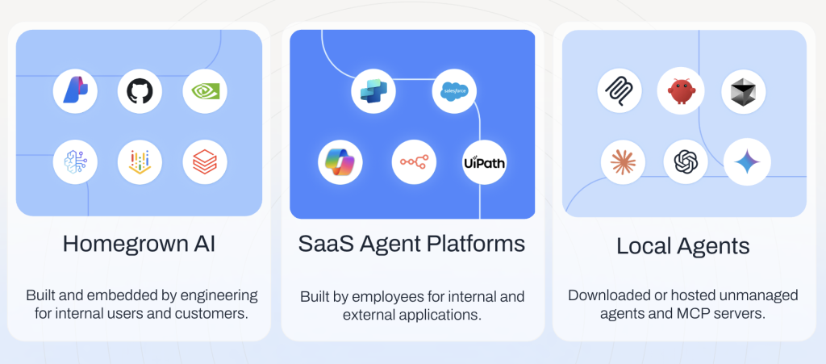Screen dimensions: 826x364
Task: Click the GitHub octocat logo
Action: coord(140,91)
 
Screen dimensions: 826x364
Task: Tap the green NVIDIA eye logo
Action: coord(205,92)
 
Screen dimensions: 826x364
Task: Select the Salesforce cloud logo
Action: coord(454,91)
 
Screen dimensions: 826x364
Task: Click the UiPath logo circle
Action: coord(484,162)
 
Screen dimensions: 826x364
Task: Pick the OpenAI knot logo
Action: coord(686,161)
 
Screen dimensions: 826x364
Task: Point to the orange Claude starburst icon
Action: coord(624,161)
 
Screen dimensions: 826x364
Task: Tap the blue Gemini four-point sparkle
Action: coord(747,161)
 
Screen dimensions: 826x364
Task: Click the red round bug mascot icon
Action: coord(682,91)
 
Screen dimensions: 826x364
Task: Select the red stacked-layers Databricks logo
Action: coord(205,161)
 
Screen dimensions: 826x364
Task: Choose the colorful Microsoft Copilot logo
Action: coord(340,161)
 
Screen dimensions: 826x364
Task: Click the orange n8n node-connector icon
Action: coord(414,161)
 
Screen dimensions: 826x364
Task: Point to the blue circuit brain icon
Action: coord(75,161)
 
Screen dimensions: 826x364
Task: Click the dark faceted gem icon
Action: coord(744,91)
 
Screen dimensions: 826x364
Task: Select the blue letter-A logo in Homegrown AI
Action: coord(75,90)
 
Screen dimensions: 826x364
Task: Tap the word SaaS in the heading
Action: coord(324,244)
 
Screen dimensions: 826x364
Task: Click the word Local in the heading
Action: coord(644,246)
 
